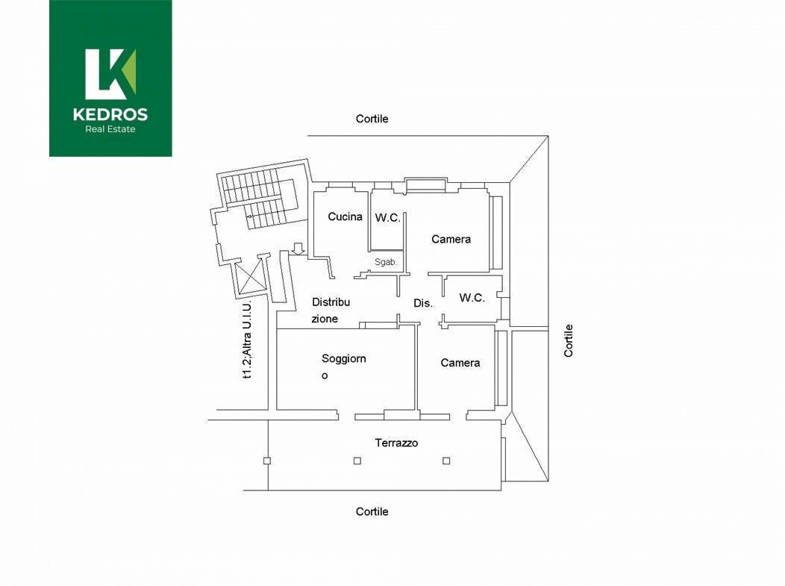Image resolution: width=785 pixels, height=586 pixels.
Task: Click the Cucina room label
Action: pyautogui.click(x=345, y=216)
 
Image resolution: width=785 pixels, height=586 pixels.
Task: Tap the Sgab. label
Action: pyautogui.click(x=386, y=262)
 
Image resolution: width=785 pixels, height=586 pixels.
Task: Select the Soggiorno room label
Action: pyautogui.click(x=343, y=367)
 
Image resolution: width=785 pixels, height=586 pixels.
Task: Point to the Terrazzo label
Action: pyautogui.click(x=396, y=443)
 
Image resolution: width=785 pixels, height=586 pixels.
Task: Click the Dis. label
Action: pyautogui.click(x=423, y=303)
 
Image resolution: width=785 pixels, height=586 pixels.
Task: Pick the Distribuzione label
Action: pyautogui.click(x=331, y=310)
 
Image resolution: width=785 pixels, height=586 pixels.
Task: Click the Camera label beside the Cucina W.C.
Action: pyautogui.click(x=451, y=240)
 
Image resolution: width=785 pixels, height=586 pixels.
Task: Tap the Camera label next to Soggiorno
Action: pyautogui.click(x=460, y=363)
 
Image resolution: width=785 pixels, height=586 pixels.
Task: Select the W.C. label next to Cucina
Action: pyautogui.click(x=387, y=217)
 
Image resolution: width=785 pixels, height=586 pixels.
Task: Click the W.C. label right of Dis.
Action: pyautogui.click(x=472, y=298)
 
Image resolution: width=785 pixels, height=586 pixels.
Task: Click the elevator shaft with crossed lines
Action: pyautogui.click(x=251, y=276)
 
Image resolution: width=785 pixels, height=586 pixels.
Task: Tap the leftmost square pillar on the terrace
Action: pyautogui.click(x=267, y=461)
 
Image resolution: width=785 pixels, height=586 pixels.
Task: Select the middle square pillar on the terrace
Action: pyautogui.click(x=357, y=461)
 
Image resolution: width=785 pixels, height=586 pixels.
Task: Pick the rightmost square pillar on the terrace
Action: pyautogui.click(x=446, y=461)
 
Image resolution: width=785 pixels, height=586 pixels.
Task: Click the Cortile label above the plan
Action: pyautogui.click(x=372, y=119)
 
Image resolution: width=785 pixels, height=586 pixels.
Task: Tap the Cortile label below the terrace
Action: pyautogui.click(x=372, y=511)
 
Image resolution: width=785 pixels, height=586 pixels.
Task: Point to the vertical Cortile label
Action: pyautogui.click(x=568, y=340)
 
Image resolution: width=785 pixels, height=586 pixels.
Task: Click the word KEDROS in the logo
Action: pyautogui.click(x=110, y=115)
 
